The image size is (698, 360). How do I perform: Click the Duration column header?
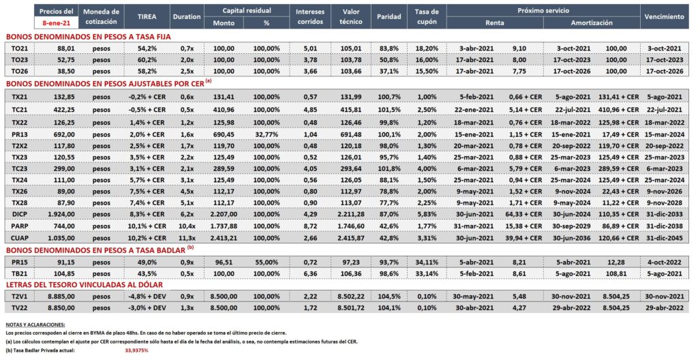click(x=187, y=16)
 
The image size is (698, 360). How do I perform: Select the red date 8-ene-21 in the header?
click(x=56, y=22)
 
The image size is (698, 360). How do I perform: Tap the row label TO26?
click(x=19, y=72)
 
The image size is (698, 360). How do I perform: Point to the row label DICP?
click(x=19, y=214)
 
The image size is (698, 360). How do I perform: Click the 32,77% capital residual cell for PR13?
click(x=267, y=134)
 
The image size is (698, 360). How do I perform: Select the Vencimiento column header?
click(x=664, y=16)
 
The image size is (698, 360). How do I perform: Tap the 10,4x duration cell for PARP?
click(x=187, y=226)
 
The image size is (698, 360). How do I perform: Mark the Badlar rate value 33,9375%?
click(x=136, y=350)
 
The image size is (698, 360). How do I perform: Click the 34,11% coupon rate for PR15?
click(x=427, y=262)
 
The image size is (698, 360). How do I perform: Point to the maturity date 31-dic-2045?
click(x=664, y=239)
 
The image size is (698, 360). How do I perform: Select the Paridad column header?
click(x=389, y=16)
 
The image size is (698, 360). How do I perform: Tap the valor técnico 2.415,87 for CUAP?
click(x=351, y=239)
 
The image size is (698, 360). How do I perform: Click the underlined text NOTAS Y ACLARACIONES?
click(x=35, y=325)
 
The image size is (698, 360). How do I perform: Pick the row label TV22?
click(x=19, y=308)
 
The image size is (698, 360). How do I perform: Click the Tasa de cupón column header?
click(x=427, y=16)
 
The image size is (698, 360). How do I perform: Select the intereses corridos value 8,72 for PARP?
click(x=310, y=226)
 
